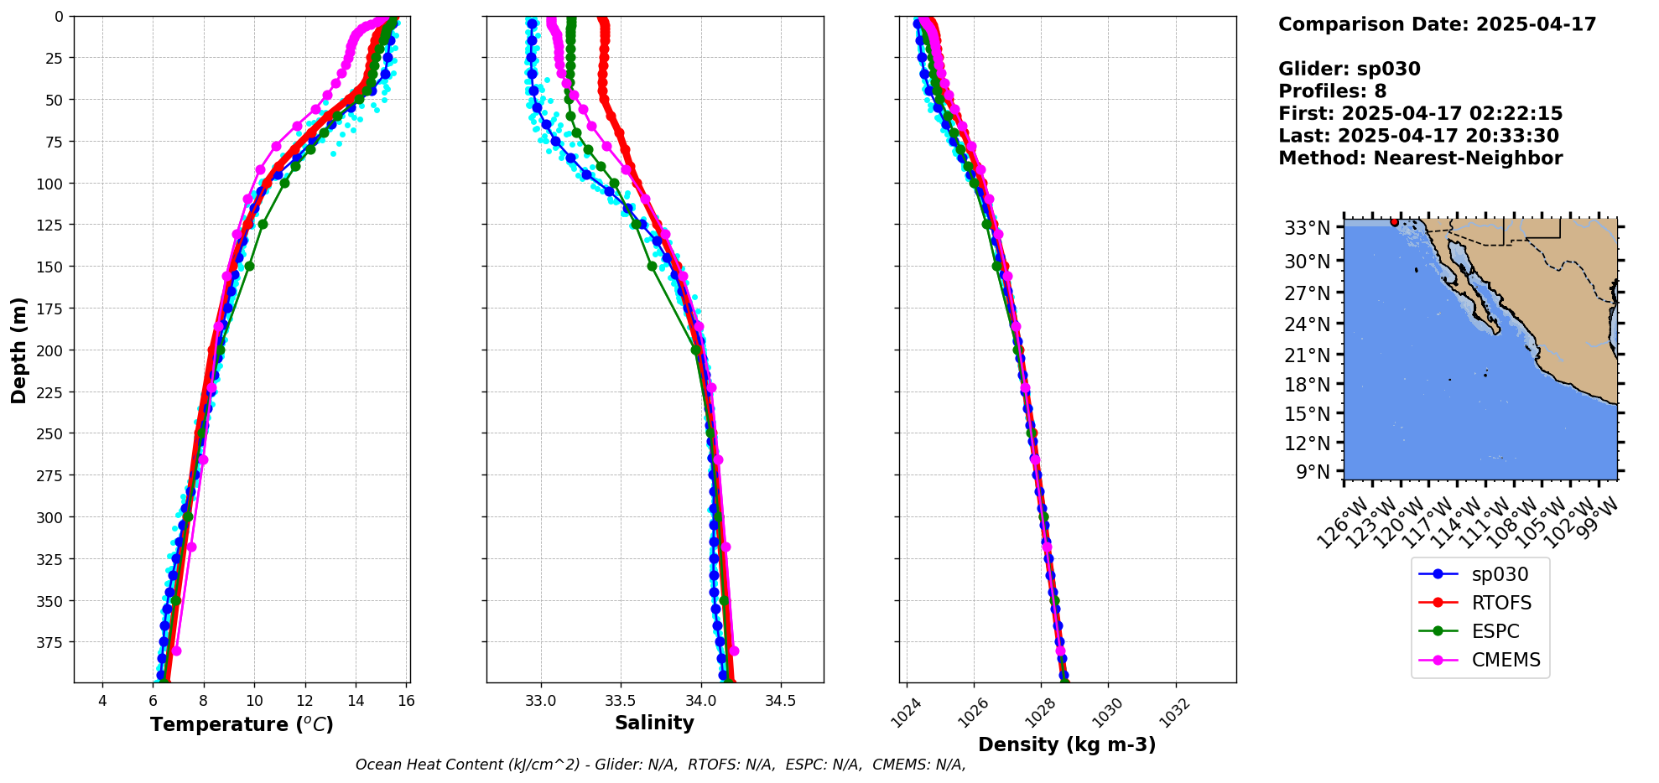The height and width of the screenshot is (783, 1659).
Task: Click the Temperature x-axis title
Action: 242,724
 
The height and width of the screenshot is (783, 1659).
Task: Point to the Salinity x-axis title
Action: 654,723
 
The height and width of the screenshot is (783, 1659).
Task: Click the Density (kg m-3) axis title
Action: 1067,744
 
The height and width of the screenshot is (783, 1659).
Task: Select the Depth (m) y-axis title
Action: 19,350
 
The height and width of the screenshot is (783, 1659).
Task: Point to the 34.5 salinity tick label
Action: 781,701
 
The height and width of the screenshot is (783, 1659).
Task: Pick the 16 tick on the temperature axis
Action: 406,701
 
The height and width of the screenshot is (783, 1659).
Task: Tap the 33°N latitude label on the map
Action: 1308,228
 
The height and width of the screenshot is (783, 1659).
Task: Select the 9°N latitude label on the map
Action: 1313,472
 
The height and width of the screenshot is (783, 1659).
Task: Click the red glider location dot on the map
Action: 1395,222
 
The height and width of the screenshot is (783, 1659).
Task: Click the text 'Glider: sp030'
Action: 1349,69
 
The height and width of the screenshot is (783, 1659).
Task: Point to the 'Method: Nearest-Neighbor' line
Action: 1420,158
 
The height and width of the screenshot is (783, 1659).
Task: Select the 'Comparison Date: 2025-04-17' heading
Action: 1437,24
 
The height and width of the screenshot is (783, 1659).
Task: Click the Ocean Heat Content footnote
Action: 660,765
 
